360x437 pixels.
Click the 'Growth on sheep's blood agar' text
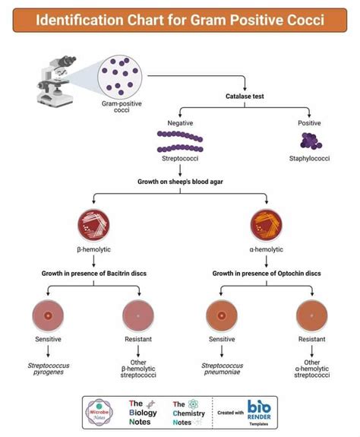[x=181, y=182]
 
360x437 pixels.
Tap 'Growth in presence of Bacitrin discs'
[x=94, y=272]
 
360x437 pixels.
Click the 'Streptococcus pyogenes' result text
[x=47, y=370]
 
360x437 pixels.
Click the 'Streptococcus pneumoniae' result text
[x=223, y=370]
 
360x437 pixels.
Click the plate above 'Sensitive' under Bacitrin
[x=47, y=314]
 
